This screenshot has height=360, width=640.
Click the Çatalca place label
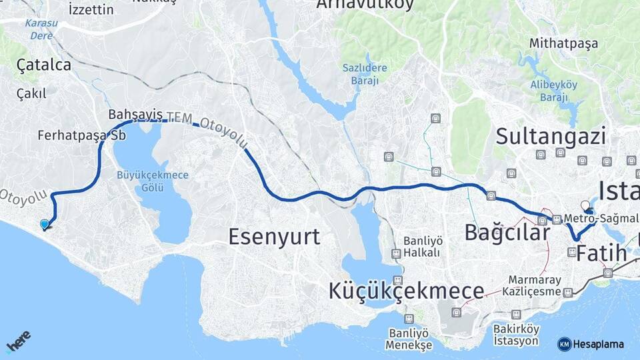[43, 65]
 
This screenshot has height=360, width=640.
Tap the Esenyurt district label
[274, 236]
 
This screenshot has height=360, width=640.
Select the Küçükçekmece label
[406, 291]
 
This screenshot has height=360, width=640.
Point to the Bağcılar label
[507, 232]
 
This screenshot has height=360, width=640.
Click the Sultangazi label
[551, 137]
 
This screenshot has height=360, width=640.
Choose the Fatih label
[601, 253]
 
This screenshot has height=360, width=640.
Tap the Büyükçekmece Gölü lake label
[143, 181]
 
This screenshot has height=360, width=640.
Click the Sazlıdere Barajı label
[361, 73]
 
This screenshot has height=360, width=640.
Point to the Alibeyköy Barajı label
[553, 90]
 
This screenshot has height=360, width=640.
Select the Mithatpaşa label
[563, 43]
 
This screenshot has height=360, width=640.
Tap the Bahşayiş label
[135, 113]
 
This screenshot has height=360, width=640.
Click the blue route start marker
[45, 225]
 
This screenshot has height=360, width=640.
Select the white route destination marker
[585, 205]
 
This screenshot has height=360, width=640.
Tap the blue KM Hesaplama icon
[564, 344]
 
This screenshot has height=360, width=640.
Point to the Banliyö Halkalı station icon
[397, 253]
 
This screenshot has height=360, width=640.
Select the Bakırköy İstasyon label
[515, 335]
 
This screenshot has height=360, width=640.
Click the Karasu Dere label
[40, 29]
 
